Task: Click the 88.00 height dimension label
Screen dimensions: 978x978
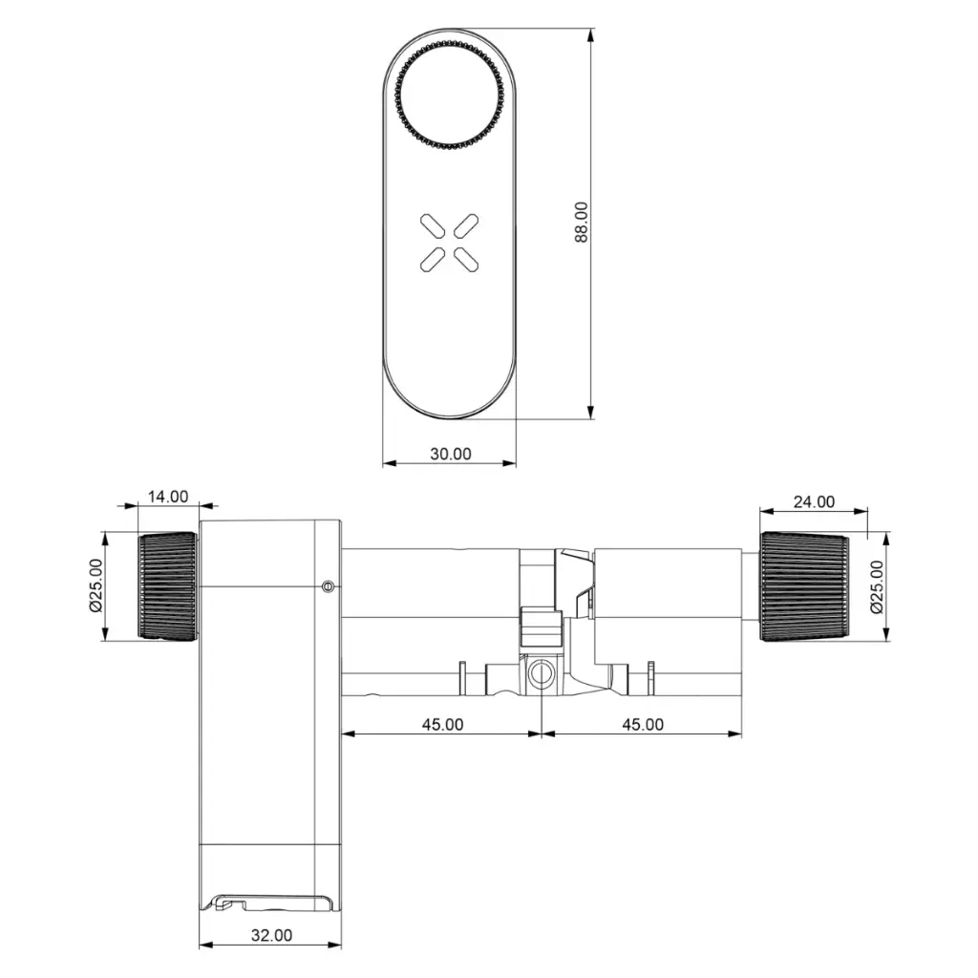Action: [x=581, y=222]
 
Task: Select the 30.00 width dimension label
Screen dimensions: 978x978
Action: [x=451, y=454]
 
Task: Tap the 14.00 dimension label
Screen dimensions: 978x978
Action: [x=168, y=497]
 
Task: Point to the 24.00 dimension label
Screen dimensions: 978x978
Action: [x=814, y=501]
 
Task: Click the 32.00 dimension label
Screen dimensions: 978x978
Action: [x=271, y=935]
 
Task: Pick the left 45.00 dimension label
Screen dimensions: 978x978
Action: [x=442, y=724]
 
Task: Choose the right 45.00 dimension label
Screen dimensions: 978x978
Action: [x=643, y=724]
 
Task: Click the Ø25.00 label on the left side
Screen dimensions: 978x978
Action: [x=96, y=585]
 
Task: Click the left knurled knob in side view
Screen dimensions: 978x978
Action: [x=167, y=585]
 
